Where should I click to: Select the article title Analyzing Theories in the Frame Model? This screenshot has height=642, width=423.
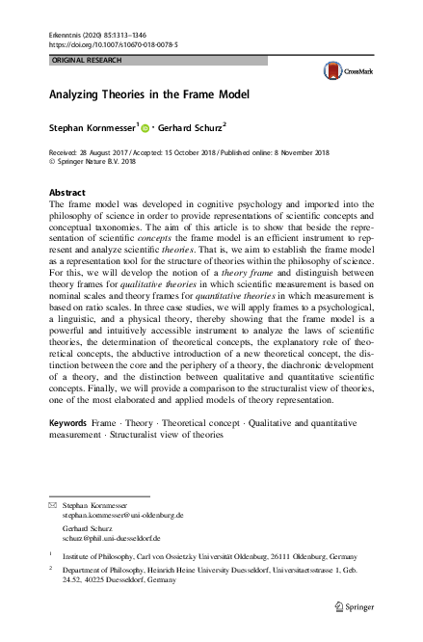point(149,95)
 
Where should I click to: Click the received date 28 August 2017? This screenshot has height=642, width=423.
point(110,152)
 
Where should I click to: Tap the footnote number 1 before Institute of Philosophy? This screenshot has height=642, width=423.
point(50,556)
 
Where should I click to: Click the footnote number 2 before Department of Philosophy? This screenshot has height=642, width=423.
point(50,570)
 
